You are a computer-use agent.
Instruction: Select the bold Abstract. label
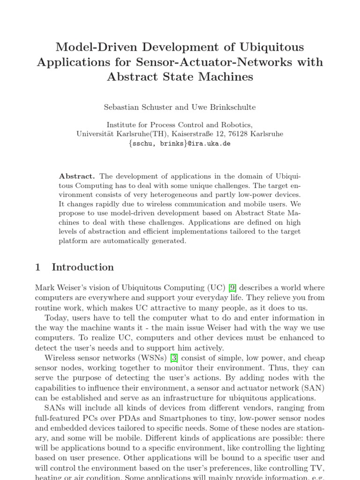pyautogui.click(x=77, y=176)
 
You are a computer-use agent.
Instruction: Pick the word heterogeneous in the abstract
pyautogui.click(x=178, y=194)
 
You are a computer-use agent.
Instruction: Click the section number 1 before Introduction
pyautogui.click(x=38, y=267)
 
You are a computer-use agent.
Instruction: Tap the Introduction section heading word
pyautogui.click(x=82, y=267)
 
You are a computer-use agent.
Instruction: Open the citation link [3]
pyautogui.click(x=174, y=358)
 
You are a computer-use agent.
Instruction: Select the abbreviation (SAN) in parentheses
pyautogui.click(x=313, y=388)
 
